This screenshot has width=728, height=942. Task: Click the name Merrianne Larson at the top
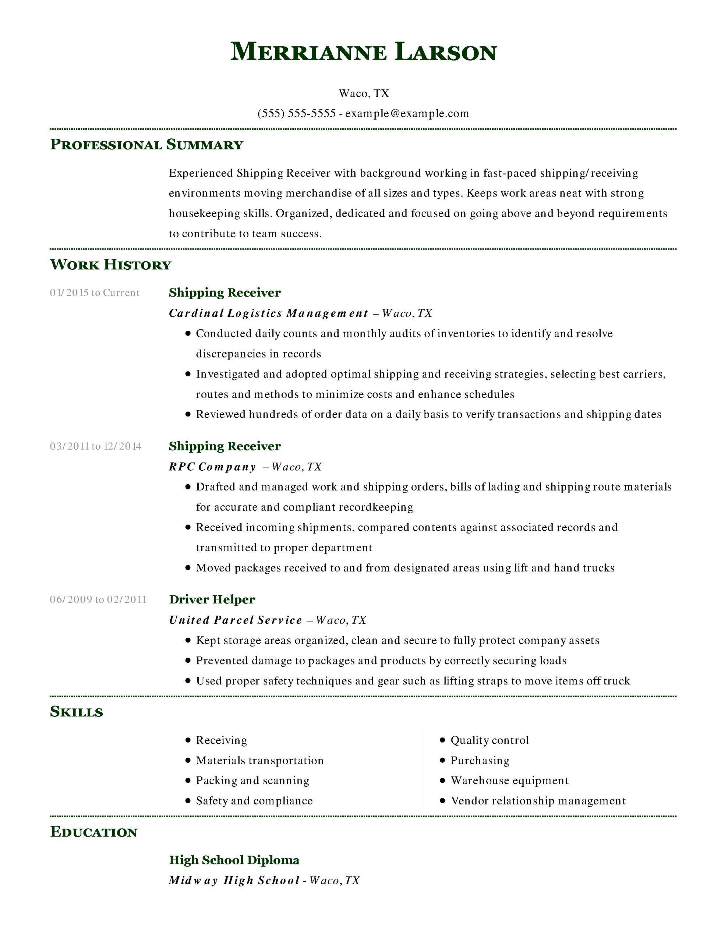363,52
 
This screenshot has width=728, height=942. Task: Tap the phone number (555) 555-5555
297,113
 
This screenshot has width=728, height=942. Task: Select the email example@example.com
407,113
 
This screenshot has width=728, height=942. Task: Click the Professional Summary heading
147,145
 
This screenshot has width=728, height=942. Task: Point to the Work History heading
110,265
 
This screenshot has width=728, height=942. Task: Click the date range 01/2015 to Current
95,293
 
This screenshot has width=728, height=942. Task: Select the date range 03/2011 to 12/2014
95,446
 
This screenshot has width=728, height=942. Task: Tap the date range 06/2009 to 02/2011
98,599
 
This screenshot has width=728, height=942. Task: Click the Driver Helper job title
212,599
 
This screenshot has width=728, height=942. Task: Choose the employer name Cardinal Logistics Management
268,313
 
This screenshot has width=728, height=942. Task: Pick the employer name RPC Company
212,467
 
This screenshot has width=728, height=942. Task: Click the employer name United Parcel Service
235,620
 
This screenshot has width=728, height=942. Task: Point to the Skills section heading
77,712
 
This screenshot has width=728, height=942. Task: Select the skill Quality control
490,740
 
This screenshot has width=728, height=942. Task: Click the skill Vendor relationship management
538,801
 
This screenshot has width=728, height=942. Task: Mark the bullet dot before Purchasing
442,761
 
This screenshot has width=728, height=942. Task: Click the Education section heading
93,832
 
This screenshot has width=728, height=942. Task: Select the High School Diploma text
234,860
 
